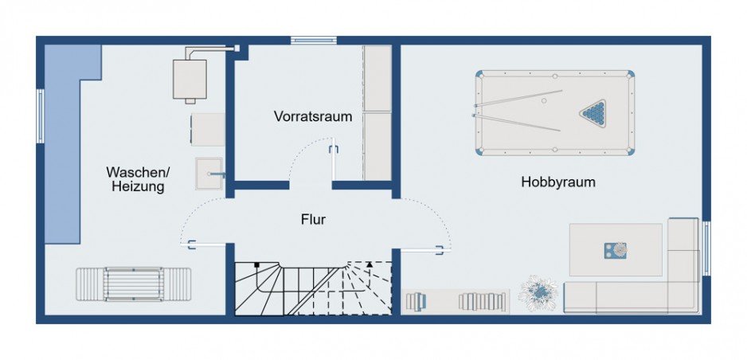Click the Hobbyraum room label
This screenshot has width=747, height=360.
(558, 182)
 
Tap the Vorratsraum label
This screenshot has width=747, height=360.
(313, 115)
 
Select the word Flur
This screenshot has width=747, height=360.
(313, 219)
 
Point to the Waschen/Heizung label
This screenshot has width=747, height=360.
(138, 179)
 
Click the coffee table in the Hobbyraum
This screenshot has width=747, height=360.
(616, 249)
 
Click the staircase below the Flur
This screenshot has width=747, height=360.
(313, 288)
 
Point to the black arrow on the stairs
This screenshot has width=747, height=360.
(369, 264)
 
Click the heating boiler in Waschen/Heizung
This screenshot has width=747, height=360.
(190, 79)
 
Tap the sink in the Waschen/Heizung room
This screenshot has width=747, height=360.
(209, 173)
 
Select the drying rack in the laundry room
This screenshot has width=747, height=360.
(134, 284)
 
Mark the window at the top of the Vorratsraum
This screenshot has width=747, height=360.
(313, 40)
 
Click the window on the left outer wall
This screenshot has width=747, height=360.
(40, 115)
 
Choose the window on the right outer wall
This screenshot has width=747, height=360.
(706, 248)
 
